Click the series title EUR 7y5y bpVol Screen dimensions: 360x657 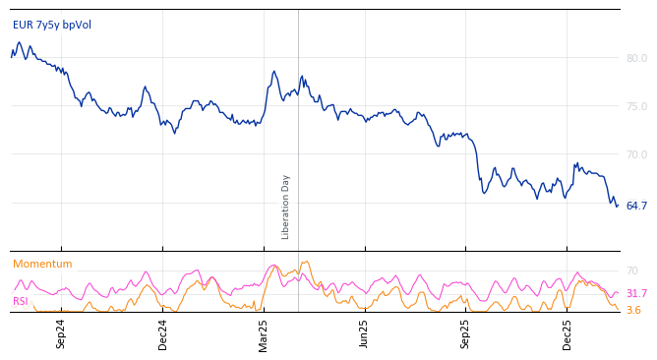pyautogui.click(x=52, y=25)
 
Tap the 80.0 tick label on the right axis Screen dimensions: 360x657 pyautogui.click(x=636, y=58)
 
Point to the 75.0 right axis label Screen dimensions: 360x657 pyautogui.click(x=636, y=106)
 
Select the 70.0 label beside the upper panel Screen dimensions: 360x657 pyautogui.click(x=636, y=154)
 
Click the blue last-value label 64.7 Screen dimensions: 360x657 pyautogui.click(x=636, y=206)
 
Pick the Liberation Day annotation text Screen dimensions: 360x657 pyautogui.click(x=286, y=207)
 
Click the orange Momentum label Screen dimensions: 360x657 pyautogui.click(x=42, y=264)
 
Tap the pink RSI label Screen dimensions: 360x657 pyautogui.click(x=21, y=301)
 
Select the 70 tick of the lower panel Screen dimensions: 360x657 pyautogui.click(x=631, y=270)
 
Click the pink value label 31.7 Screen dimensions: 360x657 pyautogui.click(x=636, y=293)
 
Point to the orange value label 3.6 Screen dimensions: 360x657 pyautogui.click(x=633, y=310)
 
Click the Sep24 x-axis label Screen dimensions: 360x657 pyautogui.click(x=61, y=333)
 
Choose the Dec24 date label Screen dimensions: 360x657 pyautogui.click(x=163, y=333)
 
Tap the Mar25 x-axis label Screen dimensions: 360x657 pyautogui.click(x=264, y=333)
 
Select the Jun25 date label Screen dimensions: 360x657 pyautogui.click(x=365, y=333)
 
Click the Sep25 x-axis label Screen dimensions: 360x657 pyautogui.click(x=466, y=333)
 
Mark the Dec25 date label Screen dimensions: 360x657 pyautogui.click(x=567, y=333)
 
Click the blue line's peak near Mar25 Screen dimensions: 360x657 pyautogui.click(x=274, y=71)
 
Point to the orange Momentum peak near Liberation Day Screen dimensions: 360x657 pyautogui.click(x=307, y=262)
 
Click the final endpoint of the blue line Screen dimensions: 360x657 pyautogui.click(x=618, y=206)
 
